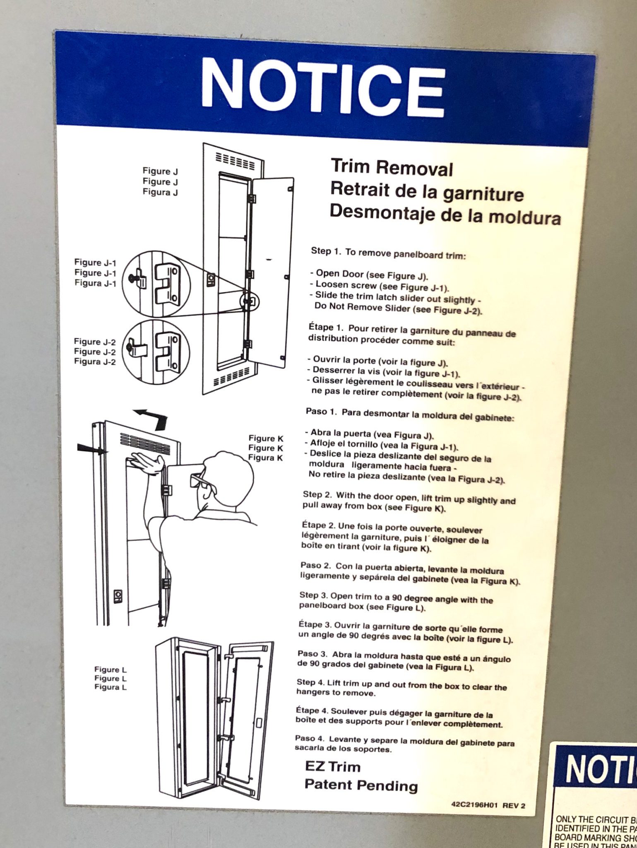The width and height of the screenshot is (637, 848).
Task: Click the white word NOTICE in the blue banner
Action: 323,88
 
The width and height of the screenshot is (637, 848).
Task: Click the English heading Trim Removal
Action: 392,168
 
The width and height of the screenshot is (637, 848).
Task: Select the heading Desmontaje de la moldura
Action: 445,214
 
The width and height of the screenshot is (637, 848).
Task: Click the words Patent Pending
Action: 361,785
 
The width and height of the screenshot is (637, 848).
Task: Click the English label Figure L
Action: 111,670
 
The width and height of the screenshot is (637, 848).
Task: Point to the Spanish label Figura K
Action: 265,458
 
